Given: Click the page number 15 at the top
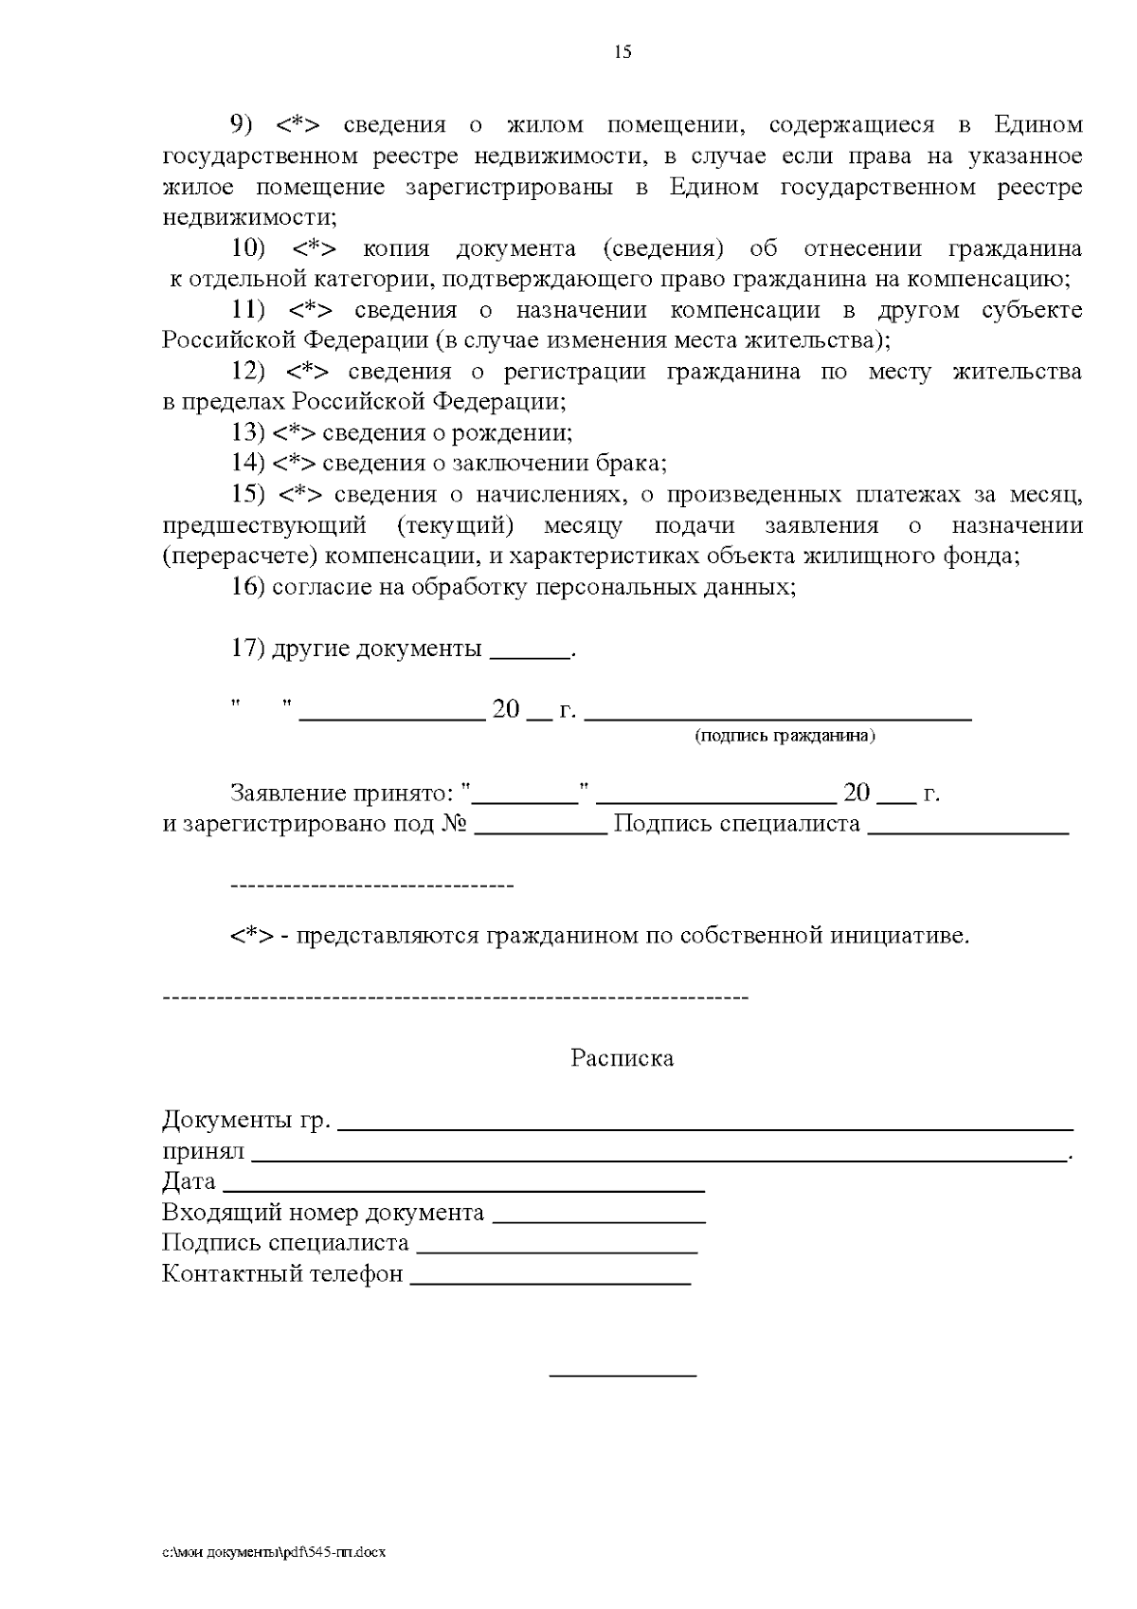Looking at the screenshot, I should [623, 52].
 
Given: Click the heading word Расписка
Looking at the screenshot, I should [622, 1058].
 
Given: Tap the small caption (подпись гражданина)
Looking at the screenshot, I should [785, 736].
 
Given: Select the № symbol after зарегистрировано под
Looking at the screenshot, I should [454, 824].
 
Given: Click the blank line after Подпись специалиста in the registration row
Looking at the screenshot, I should [967, 831].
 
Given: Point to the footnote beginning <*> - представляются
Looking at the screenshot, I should [600, 937].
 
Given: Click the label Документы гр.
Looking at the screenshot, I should [246, 1120].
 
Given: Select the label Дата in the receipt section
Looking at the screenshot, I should [189, 1182].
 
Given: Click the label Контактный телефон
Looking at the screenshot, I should [282, 1273].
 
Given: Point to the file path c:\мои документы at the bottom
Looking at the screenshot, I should [274, 1553].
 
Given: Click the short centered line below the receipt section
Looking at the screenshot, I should [623, 1374].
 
